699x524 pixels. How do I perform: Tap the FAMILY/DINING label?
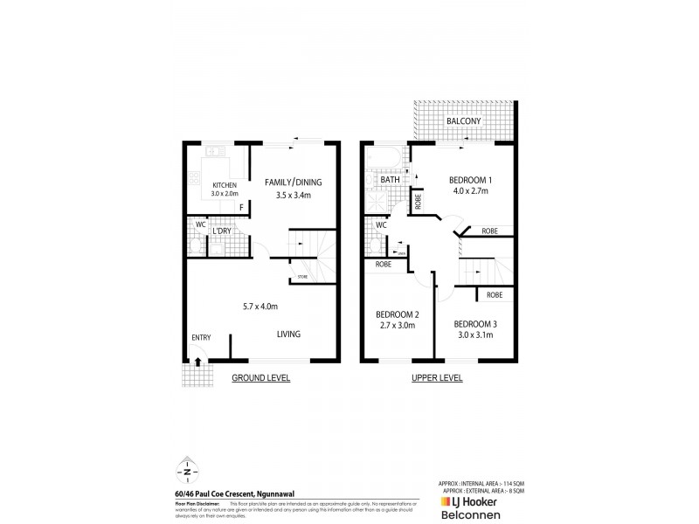pos(294,182)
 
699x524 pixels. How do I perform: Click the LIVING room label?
pos(289,334)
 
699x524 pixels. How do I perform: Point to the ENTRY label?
pos(201,338)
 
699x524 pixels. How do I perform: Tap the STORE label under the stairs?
pos(302,279)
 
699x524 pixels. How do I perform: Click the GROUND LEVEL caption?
pos(260,378)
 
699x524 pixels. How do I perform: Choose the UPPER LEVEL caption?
pos(436,378)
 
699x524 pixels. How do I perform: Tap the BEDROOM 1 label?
pos(466,172)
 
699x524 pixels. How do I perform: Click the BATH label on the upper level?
pos(390,180)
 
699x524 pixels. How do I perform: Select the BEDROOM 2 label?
pos(398,314)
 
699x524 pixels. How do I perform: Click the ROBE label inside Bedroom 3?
pos(495,295)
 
